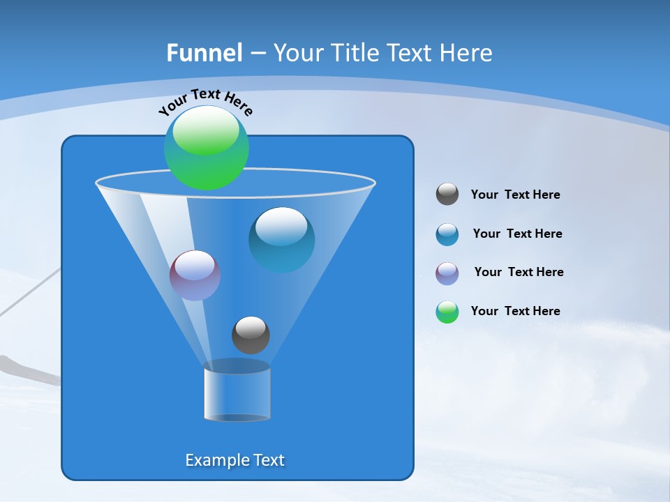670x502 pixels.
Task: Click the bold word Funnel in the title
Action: click(x=204, y=53)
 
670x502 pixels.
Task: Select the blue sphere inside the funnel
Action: click(x=281, y=239)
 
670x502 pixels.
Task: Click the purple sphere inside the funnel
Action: click(x=195, y=275)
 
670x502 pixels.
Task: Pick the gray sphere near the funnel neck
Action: click(x=251, y=335)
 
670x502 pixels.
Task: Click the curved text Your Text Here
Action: click(x=205, y=102)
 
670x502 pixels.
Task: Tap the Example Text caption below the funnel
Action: click(x=234, y=460)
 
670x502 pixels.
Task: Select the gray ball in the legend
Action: click(x=447, y=194)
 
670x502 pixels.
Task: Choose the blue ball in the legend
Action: click(x=447, y=234)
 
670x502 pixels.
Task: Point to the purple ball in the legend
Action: click(x=447, y=273)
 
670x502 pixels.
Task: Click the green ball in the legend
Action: click(x=447, y=312)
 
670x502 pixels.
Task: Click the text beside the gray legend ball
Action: click(x=515, y=195)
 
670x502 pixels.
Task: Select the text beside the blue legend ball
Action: click(x=517, y=234)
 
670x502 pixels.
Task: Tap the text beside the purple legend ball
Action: click(x=519, y=272)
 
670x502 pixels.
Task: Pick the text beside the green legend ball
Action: click(x=515, y=311)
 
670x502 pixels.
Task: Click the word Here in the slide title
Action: click(x=468, y=53)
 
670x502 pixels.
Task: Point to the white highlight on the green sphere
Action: click(x=206, y=131)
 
